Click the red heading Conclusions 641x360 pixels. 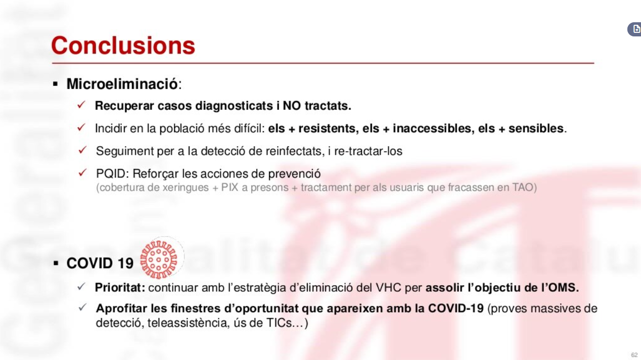[123, 45]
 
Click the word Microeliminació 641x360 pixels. [122, 84]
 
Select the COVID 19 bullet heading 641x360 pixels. [100, 263]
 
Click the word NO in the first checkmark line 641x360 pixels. [292, 106]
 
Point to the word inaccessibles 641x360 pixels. [432, 128]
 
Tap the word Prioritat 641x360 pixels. [120, 288]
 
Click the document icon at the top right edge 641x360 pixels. [636, 29]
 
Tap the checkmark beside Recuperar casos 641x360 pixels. [81, 105]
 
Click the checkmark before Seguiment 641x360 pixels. [82, 150]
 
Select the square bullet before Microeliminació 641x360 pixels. [56, 84]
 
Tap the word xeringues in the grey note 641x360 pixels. [186, 188]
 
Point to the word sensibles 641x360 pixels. [536, 128]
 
